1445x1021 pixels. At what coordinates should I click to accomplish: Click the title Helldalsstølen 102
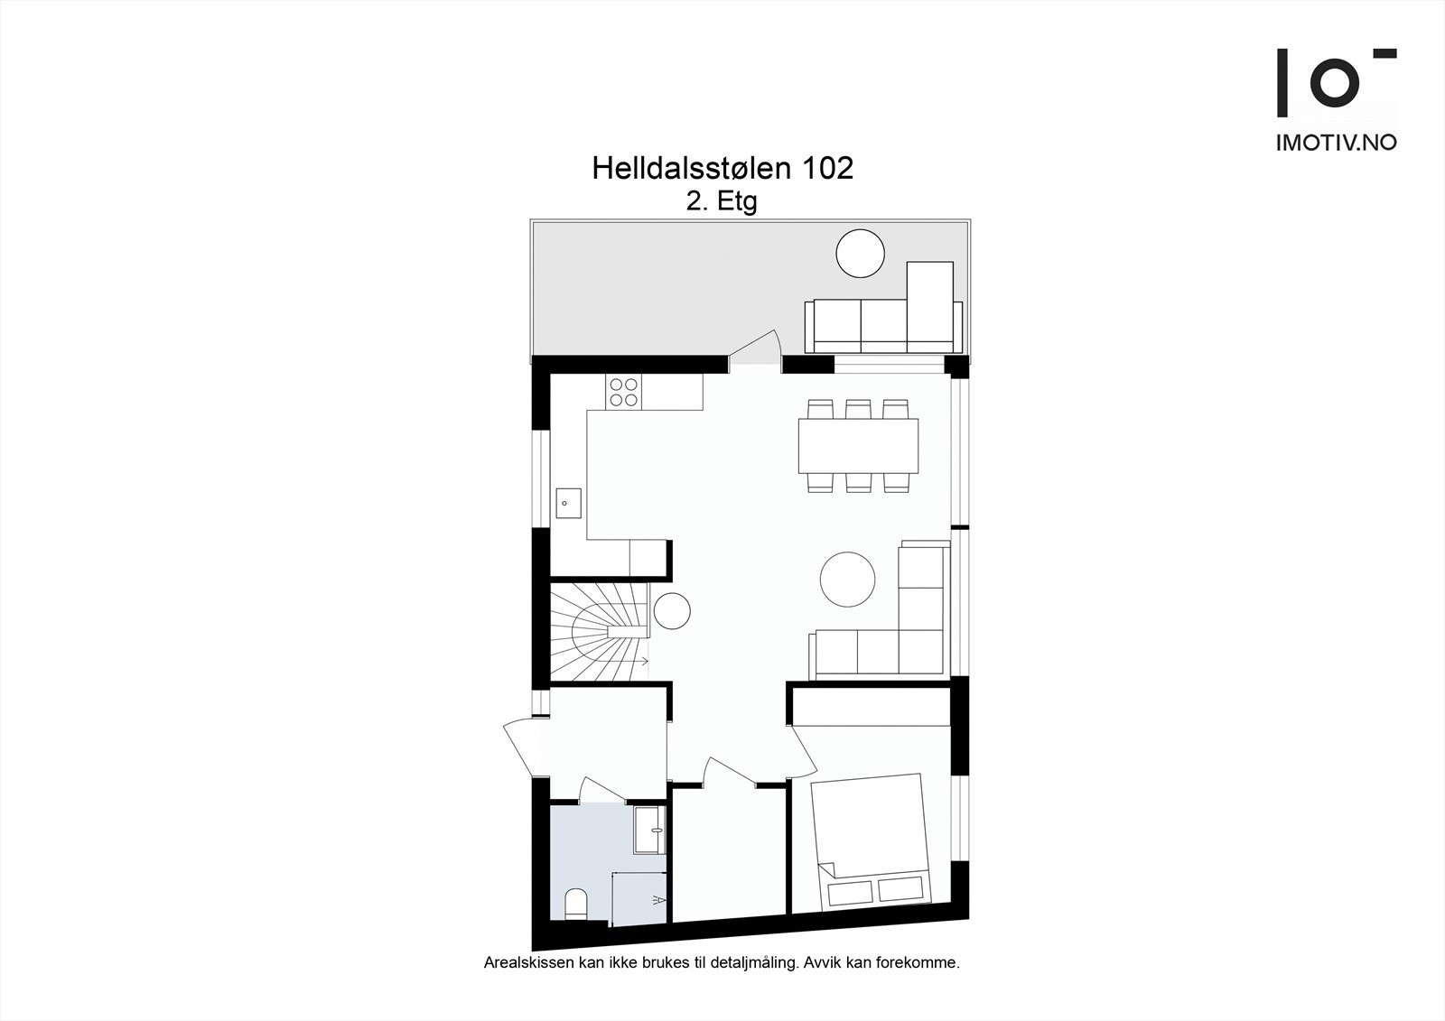tap(722, 169)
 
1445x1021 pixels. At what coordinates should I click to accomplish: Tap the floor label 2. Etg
tap(721, 202)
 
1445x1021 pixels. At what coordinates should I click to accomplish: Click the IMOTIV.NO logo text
tap(1336, 142)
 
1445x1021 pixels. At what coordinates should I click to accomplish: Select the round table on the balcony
tap(860, 254)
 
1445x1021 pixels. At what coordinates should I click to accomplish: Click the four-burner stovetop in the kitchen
tap(623, 392)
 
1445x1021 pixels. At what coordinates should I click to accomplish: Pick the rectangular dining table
tap(858, 446)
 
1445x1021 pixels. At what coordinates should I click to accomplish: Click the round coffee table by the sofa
tap(847, 580)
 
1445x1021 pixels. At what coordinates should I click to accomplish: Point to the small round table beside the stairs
tap(672, 610)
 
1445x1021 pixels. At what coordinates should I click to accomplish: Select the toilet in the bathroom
tap(574, 904)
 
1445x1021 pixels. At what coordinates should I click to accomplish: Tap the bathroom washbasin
tap(650, 829)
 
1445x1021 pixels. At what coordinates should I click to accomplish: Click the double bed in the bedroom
tap(870, 841)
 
